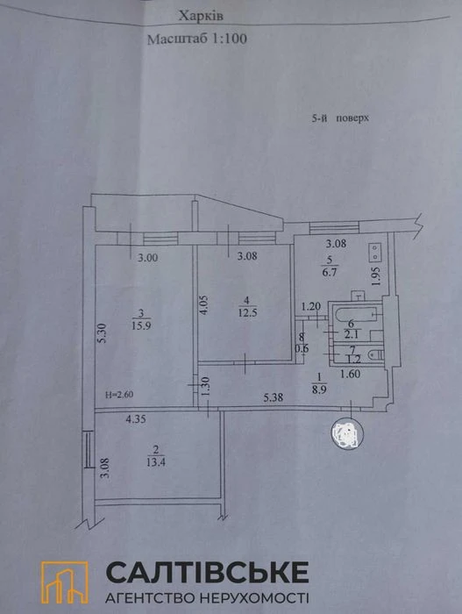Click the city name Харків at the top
click(201, 17)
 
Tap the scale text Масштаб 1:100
click(197, 39)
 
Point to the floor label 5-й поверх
click(340, 118)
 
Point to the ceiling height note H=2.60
click(118, 395)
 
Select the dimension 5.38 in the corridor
click(274, 397)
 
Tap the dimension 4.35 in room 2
click(136, 419)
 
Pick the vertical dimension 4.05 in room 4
click(203, 305)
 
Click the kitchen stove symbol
click(375, 252)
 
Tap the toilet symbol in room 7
click(376, 354)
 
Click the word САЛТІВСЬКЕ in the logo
click(207, 573)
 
